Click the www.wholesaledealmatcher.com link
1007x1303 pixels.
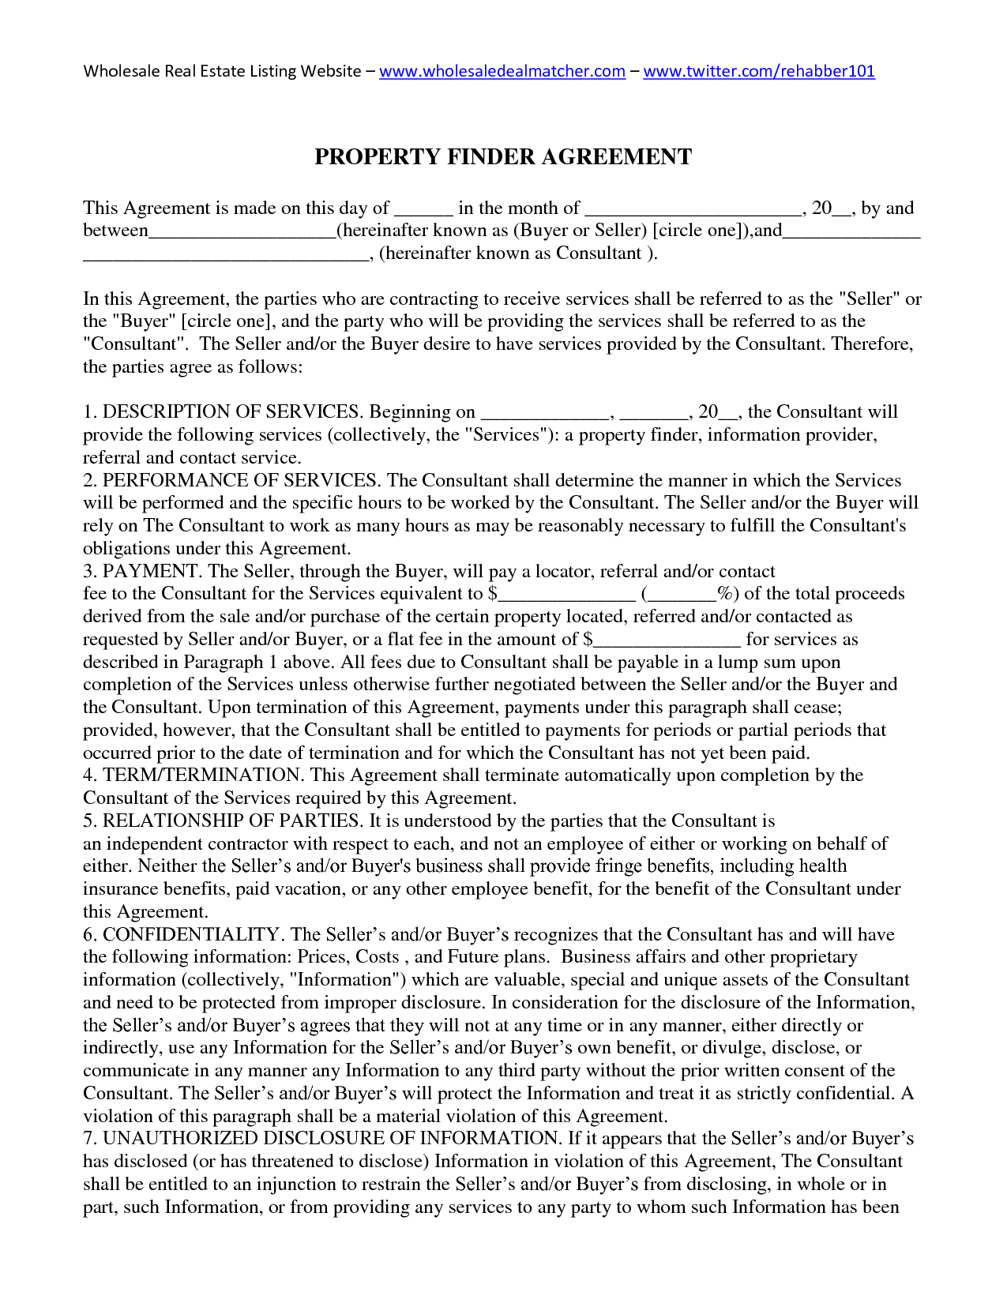tap(502, 71)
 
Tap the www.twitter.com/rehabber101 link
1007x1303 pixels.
tap(759, 71)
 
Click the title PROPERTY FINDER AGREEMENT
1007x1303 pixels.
tap(503, 156)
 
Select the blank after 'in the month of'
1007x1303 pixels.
tap(693, 209)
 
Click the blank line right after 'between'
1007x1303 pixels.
tap(242, 232)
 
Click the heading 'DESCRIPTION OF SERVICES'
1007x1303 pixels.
tap(231, 412)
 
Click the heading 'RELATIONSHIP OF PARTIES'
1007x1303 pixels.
tap(231, 820)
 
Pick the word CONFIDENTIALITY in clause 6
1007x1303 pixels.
tap(191, 934)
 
